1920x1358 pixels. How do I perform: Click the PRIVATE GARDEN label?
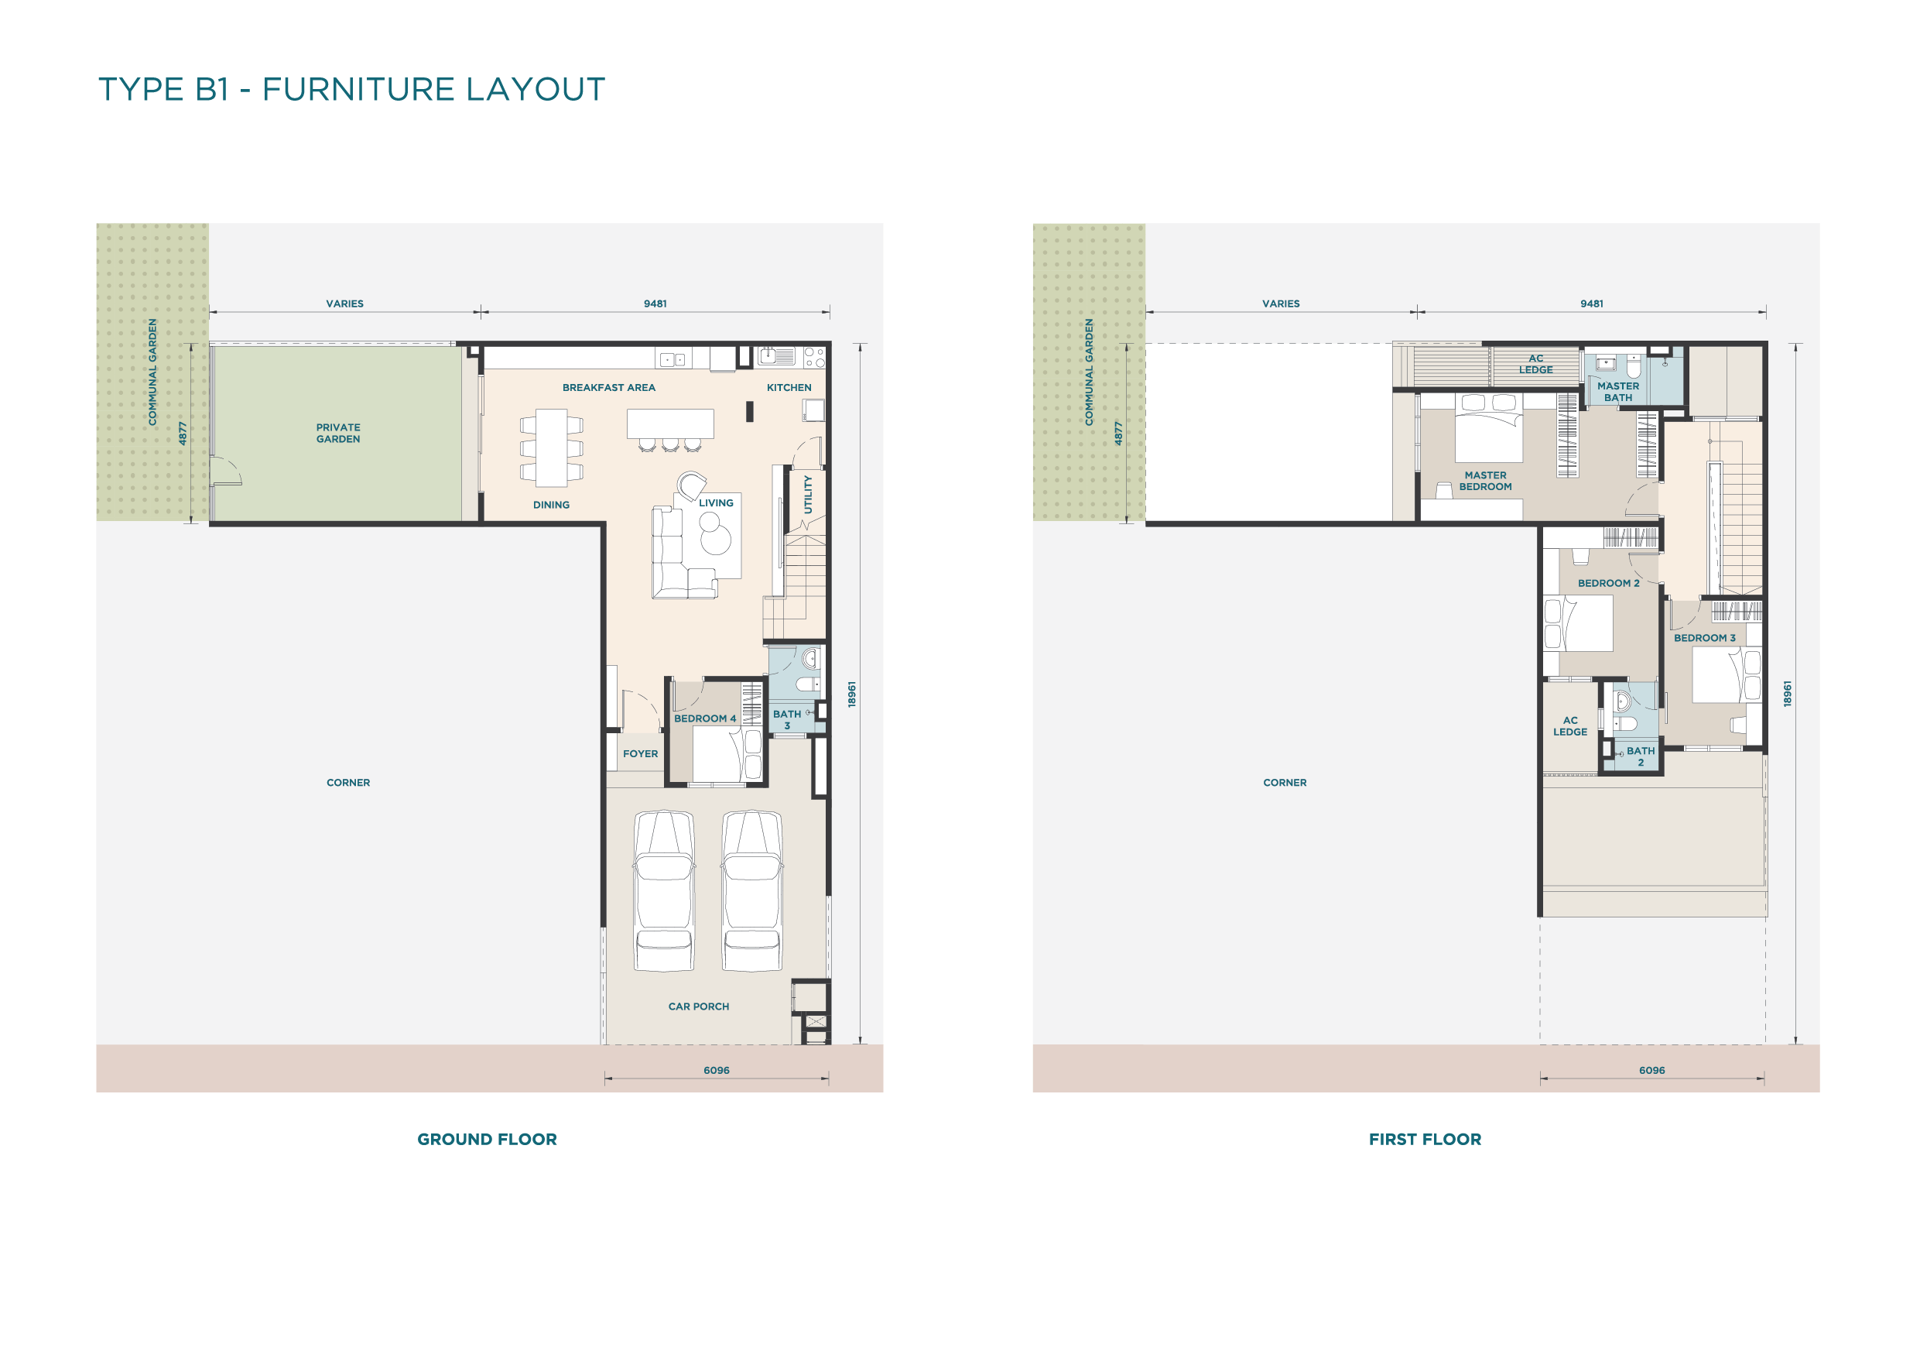[x=338, y=434]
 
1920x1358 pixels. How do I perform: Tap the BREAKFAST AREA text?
[x=609, y=387]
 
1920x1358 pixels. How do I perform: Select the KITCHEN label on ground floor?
[x=789, y=387]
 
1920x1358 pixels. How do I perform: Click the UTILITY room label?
[x=808, y=494]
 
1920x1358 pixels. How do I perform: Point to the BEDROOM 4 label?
[x=705, y=718]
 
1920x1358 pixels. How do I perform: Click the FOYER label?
[x=641, y=754]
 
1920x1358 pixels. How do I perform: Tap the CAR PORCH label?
[x=698, y=1006]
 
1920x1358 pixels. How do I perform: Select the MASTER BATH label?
[x=1618, y=392]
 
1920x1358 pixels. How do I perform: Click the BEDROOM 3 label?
[x=1704, y=638]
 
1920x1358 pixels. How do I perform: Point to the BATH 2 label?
[x=1641, y=756]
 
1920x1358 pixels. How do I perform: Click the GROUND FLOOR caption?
[x=487, y=1139]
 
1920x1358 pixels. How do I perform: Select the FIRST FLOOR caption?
[x=1425, y=1139]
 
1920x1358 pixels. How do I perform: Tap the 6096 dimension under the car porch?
[x=717, y=1070]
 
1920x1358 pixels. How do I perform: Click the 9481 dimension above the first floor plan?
[x=1591, y=303]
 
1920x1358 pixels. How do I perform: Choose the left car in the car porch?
[x=664, y=891]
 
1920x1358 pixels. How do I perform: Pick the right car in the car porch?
[x=753, y=891]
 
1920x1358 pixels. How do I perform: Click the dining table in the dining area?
[x=551, y=448]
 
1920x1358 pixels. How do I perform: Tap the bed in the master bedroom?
[x=1488, y=427]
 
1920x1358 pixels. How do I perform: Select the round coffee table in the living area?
[x=716, y=540]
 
